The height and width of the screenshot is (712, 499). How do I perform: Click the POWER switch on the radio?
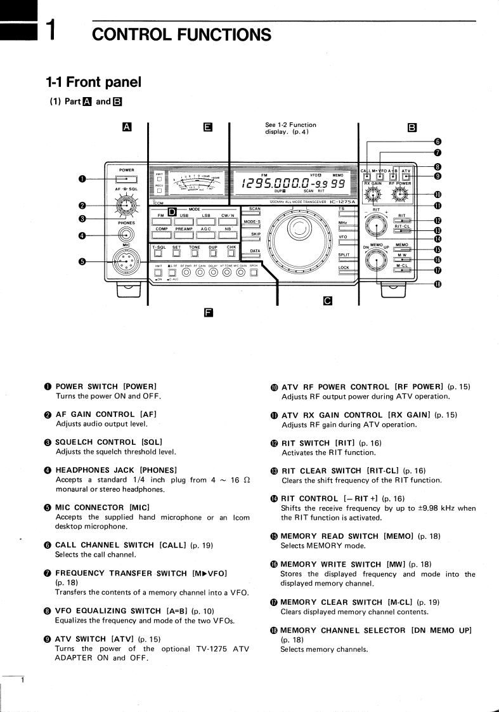coord(126,180)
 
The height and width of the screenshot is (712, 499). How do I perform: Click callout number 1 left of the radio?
coord(82,180)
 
